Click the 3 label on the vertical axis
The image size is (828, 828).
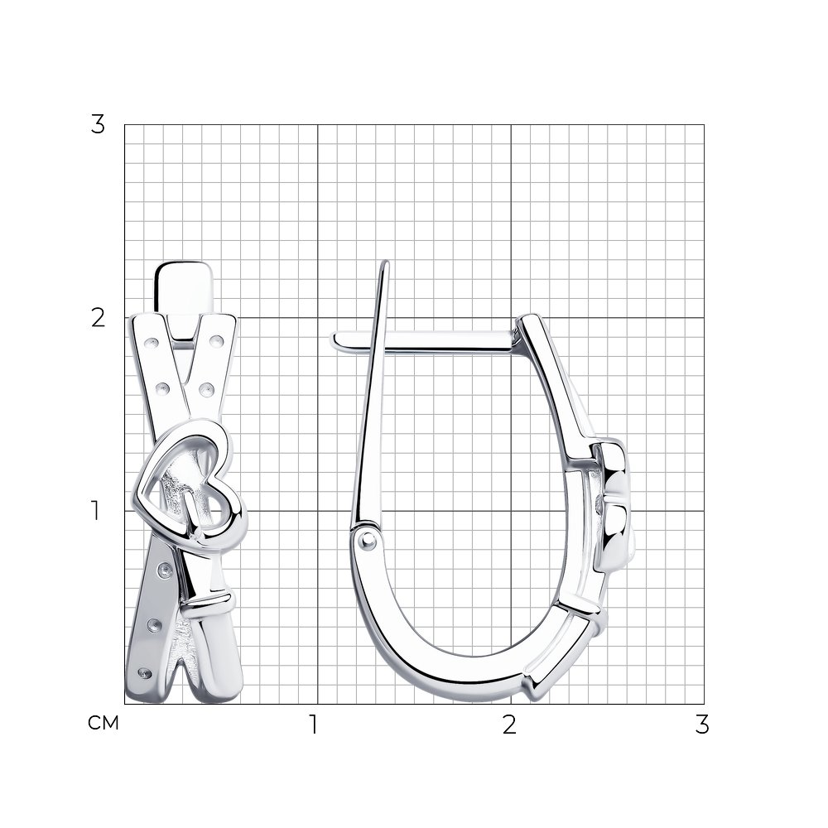coord(98,124)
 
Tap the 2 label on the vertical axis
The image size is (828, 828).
coord(98,318)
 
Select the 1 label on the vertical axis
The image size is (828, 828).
coord(95,511)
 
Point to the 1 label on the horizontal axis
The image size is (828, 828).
coord(314,724)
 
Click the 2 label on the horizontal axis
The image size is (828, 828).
coord(509,724)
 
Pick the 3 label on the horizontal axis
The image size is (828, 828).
coord(702,724)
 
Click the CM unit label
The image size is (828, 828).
coord(103,723)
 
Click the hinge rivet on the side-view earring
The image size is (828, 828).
coord(367,539)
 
